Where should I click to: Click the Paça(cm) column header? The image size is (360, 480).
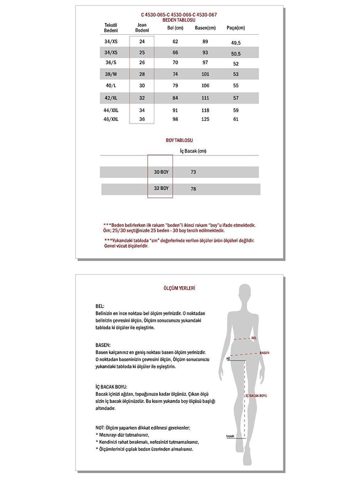(x=235, y=28)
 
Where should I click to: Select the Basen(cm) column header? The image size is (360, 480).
(x=205, y=28)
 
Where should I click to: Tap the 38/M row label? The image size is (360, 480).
(x=111, y=74)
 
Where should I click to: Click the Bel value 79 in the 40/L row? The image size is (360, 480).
(x=175, y=85)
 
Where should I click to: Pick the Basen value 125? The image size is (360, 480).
(x=205, y=119)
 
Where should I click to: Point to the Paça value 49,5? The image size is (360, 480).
(x=236, y=43)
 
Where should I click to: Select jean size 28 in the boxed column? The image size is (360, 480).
(x=142, y=74)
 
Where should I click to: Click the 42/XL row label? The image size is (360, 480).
(x=111, y=98)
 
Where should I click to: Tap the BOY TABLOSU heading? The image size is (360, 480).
(x=179, y=140)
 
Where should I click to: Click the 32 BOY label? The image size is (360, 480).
(x=161, y=188)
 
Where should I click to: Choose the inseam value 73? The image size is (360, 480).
(x=193, y=172)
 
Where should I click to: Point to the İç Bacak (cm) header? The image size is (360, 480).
(x=193, y=151)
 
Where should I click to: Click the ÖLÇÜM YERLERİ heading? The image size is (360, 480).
(x=179, y=288)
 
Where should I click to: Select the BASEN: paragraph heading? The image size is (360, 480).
(x=103, y=345)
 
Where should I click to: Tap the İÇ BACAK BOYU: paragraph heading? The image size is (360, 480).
(x=111, y=387)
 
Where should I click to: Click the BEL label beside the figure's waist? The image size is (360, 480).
(x=254, y=338)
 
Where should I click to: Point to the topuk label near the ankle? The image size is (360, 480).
(x=230, y=436)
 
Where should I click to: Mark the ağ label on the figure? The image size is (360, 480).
(x=228, y=358)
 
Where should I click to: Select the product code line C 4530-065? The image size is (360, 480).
(x=179, y=15)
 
